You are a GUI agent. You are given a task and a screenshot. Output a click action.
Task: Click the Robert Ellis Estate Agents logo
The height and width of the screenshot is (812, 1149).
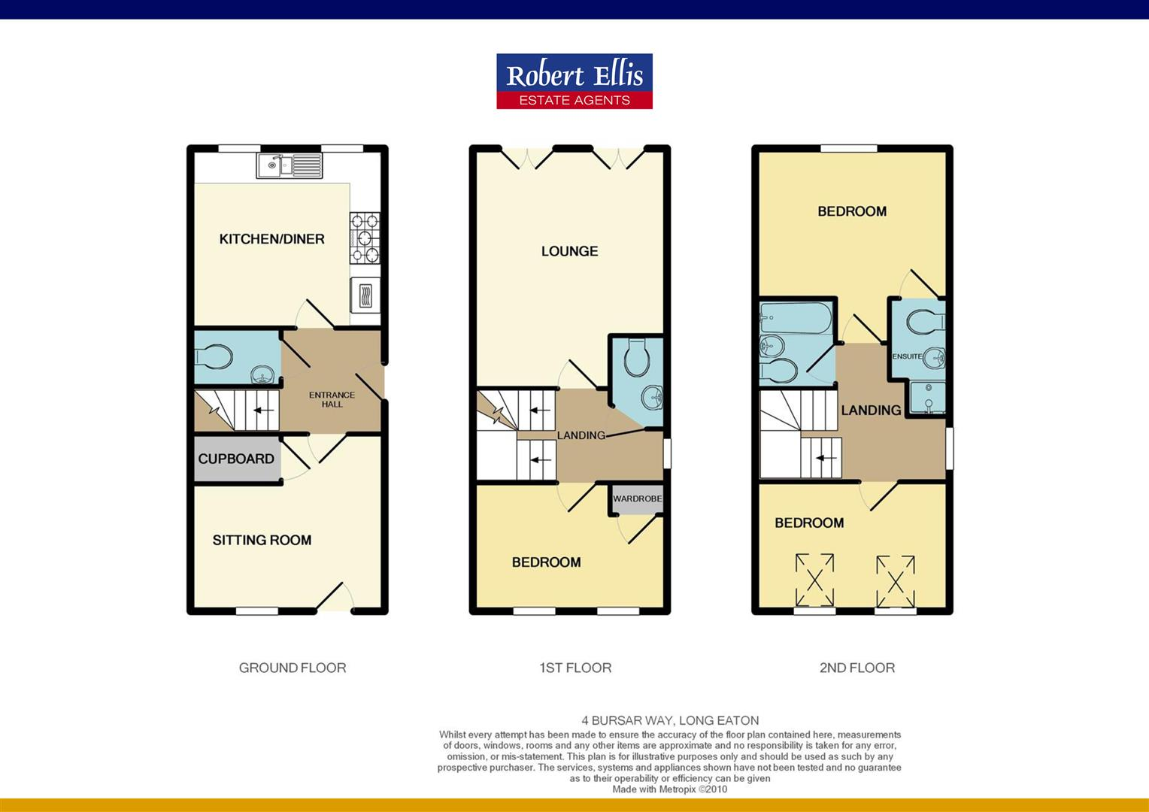click(574, 81)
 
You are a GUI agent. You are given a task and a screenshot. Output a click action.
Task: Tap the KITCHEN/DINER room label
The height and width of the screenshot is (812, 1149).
click(271, 239)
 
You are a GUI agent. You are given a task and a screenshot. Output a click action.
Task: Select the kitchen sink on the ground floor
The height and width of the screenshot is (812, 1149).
click(290, 165)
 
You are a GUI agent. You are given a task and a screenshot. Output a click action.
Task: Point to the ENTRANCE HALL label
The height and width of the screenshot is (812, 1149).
click(332, 399)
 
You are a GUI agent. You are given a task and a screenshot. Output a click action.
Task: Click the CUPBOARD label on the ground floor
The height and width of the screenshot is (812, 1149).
click(236, 459)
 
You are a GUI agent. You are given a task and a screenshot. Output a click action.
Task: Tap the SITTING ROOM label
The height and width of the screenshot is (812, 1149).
click(262, 540)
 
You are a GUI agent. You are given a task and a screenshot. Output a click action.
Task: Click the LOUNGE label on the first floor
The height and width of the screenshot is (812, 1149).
click(569, 251)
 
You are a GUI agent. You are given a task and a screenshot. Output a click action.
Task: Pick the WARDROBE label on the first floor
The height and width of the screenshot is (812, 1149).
click(637, 498)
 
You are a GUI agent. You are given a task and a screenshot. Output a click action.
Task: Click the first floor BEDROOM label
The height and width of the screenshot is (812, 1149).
click(546, 562)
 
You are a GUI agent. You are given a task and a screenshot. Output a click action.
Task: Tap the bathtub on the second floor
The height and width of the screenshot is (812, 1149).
click(796, 319)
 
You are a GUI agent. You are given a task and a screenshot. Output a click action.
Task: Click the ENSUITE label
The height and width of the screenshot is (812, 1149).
click(906, 356)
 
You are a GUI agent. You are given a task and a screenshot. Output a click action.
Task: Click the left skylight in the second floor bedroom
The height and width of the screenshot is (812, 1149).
click(814, 580)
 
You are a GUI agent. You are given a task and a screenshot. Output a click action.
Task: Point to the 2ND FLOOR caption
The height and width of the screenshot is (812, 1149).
click(856, 668)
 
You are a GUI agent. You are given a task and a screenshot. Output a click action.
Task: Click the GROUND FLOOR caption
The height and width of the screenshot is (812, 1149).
click(293, 668)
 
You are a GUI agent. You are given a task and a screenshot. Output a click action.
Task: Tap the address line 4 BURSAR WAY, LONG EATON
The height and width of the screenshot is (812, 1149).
click(670, 720)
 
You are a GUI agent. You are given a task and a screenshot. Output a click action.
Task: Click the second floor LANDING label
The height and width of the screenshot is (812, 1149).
click(871, 411)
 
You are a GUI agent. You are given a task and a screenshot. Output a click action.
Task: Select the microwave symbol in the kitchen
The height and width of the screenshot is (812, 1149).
click(365, 295)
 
